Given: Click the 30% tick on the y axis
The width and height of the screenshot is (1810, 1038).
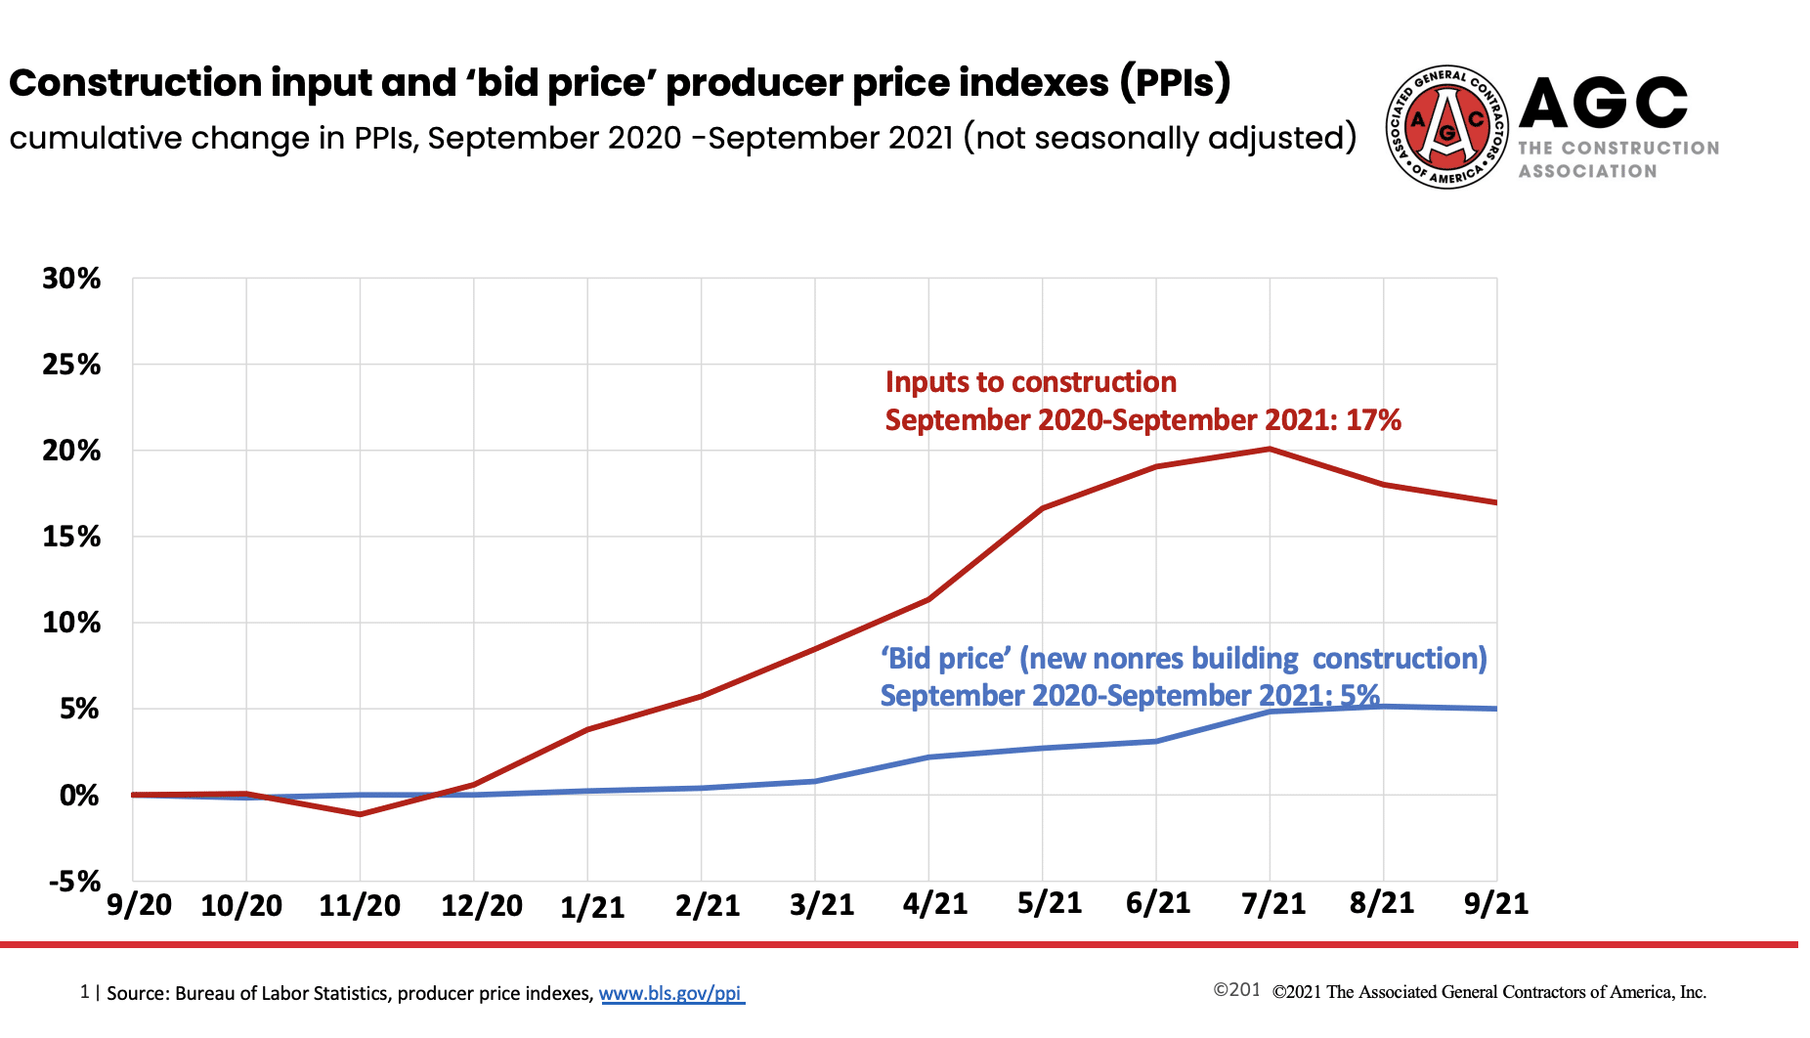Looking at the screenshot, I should click(71, 279).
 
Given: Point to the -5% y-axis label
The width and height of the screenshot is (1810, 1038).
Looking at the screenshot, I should click(75, 881).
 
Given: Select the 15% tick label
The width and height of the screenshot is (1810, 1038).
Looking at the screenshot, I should click(71, 537).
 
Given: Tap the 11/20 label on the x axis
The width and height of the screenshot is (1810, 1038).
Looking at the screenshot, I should click(360, 905).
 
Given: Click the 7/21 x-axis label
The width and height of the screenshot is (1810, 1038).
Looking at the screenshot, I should click(1272, 903).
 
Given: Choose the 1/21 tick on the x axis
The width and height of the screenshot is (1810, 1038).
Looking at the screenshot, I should click(591, 907).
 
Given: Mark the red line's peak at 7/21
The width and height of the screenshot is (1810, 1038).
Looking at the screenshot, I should click(1270, 450).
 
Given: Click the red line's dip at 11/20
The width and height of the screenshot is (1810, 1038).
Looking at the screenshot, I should click(360, 814).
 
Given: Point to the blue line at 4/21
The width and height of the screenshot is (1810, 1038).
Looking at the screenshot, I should click(928, 757).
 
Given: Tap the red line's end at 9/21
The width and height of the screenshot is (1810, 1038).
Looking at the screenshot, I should click(1495, 502).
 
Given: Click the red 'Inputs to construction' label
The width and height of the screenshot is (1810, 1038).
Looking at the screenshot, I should click(1030, 382).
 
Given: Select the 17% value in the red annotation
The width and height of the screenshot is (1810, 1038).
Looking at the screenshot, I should click(1373, 420).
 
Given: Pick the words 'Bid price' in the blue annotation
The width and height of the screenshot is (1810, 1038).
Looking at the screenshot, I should click(945, 658).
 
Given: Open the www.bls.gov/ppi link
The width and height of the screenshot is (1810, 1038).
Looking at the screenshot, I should click(670, 993).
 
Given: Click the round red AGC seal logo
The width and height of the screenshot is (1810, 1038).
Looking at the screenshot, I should click(1446, 127).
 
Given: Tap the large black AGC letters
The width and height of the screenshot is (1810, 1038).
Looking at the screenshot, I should click(1603, 103).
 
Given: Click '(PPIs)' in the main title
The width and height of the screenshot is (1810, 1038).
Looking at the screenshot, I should click(1176, 82).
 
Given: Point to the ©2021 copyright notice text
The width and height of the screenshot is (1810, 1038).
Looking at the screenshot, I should click(1488, 992).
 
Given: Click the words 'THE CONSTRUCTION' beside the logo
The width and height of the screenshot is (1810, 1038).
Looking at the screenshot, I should click(1617, 149).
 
